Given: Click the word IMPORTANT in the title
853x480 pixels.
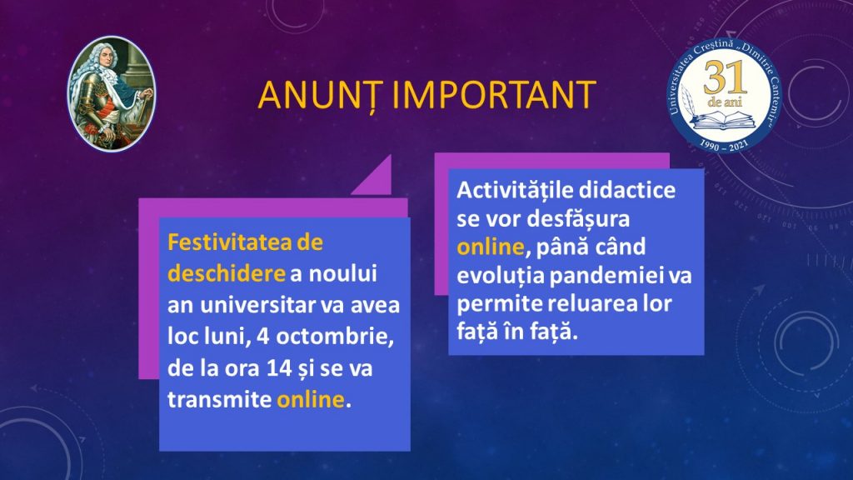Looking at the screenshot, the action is coord(494,95).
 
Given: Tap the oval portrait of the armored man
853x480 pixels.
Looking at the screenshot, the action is coord(112,93).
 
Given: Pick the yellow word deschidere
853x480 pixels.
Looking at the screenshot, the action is coord(227,273).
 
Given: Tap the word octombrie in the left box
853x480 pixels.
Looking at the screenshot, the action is coord(335,337).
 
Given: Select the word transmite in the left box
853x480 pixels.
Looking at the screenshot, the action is coord(219,399).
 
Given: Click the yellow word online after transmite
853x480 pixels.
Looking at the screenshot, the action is coord(311,399).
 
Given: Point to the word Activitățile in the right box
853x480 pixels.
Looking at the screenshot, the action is coord(515,190).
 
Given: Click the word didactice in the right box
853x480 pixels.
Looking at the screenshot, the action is coord(627,190).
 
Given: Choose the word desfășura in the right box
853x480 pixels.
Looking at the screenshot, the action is coord(578,219).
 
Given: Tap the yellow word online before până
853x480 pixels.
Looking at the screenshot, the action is coord(490,247).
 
